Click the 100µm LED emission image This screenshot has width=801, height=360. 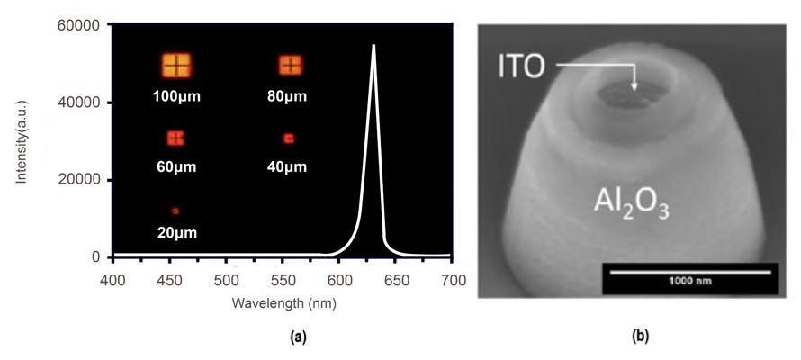(176, 65)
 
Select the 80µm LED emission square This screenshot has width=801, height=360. (290, 65)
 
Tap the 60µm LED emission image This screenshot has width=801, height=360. (175, 138)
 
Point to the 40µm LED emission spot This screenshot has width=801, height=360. (289, 139)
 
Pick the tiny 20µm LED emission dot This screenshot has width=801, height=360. (175, 211)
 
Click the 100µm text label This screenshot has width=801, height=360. (175, 94)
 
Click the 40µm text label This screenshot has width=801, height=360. (288, 167)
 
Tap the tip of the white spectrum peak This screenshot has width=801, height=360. (373, 45)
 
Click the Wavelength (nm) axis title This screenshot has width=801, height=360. (283, 303)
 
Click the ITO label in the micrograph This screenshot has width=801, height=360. (522, 66)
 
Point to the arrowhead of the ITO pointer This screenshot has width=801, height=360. (634, 88)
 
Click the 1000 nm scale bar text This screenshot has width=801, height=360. (690, 281)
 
